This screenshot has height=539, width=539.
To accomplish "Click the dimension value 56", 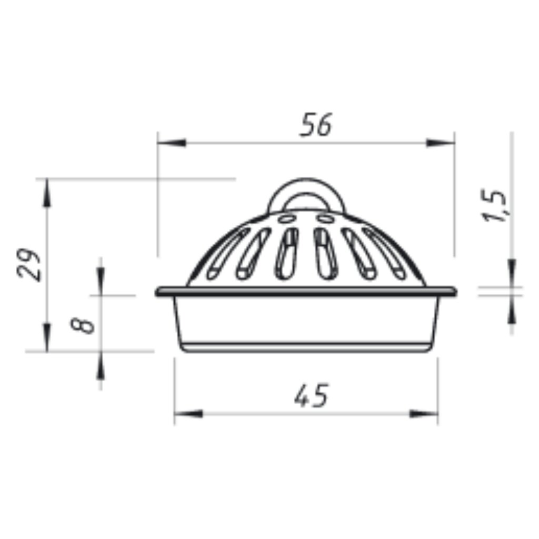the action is [316, 124].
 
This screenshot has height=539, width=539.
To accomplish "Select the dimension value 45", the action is [312, 396].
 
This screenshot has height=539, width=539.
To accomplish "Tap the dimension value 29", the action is [29, 264].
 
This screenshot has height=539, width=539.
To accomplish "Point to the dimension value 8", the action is [82, 325].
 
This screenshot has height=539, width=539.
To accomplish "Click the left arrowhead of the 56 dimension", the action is [172, 143].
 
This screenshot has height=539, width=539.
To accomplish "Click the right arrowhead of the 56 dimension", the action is [441, 143].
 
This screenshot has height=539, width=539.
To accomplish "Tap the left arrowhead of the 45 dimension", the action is [188, 414].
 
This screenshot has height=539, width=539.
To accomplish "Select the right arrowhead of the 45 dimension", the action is [424, 414].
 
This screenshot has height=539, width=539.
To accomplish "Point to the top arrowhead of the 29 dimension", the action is [47, 193].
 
